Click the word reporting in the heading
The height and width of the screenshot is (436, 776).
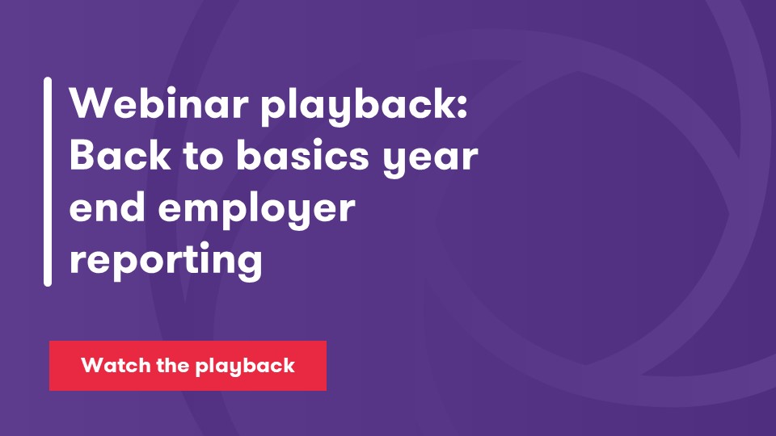[166, 263]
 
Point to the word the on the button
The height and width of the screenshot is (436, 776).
[169, 366]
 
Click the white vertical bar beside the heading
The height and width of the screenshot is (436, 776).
[48, 182]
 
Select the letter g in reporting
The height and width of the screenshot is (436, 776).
[249, 266]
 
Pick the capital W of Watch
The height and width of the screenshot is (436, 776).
[90, 366]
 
